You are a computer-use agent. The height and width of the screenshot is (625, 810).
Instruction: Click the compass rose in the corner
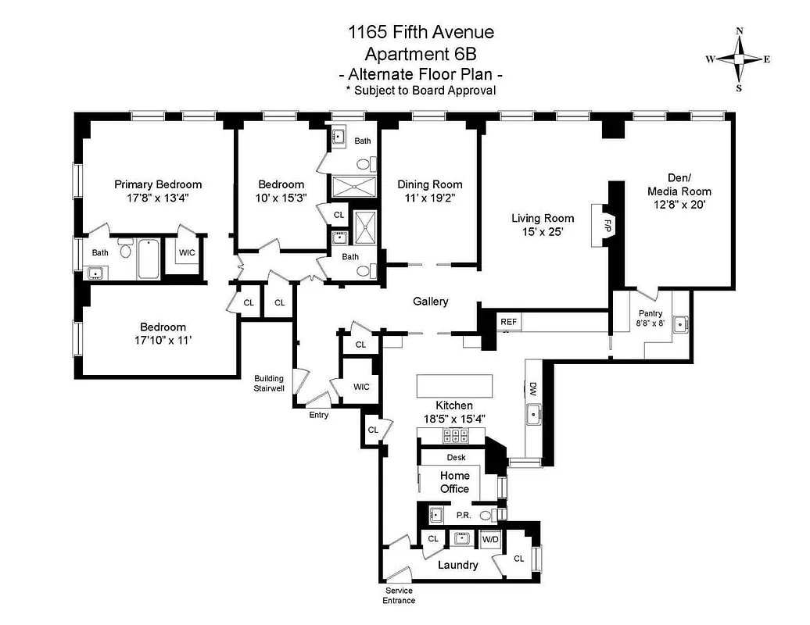coord(739,59)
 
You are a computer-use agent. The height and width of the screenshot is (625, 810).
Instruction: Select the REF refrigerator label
coord(509,321)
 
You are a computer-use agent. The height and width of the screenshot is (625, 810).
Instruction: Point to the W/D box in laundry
coord(489,539)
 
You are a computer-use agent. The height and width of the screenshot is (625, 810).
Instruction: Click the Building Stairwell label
coord(268,383)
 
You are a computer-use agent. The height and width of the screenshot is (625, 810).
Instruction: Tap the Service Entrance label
coord(399,595)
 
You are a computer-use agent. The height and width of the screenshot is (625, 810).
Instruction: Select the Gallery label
coord(430,301)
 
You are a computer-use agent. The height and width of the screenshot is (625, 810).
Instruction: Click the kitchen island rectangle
coord(455,386)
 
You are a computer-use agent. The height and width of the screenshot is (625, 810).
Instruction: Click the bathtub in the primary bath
coord(149,260)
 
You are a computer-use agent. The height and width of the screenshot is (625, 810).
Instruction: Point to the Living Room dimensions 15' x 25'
coord(543,232)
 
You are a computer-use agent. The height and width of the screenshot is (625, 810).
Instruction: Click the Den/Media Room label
coord(679,184)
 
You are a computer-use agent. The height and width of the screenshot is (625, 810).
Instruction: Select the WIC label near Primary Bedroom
coord(187,252)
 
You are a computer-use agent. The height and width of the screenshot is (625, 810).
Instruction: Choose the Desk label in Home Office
coord(456,458)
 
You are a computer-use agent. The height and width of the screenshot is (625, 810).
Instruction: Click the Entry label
coord(318,415)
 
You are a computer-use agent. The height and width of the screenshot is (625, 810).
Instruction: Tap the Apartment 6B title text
coord(421,54)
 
